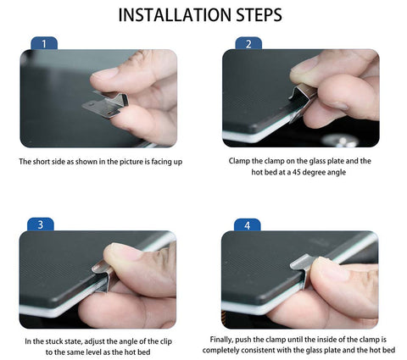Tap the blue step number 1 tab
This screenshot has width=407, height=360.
coord(44,43)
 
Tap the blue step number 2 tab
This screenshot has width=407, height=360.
coord(248,44)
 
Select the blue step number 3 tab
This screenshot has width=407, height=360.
coord(41,224)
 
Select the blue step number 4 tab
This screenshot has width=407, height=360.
coord(248,225)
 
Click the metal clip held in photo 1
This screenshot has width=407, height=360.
coord(105,104)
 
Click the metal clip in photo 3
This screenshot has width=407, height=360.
coord(103,276)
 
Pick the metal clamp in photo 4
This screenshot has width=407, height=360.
coord(303,269)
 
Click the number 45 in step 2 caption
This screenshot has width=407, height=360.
coord(297,172)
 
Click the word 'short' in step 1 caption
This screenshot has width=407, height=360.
coord(42,162)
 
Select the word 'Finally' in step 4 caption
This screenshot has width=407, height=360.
coord(221,340)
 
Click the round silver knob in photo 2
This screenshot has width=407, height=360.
coord(340,140)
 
